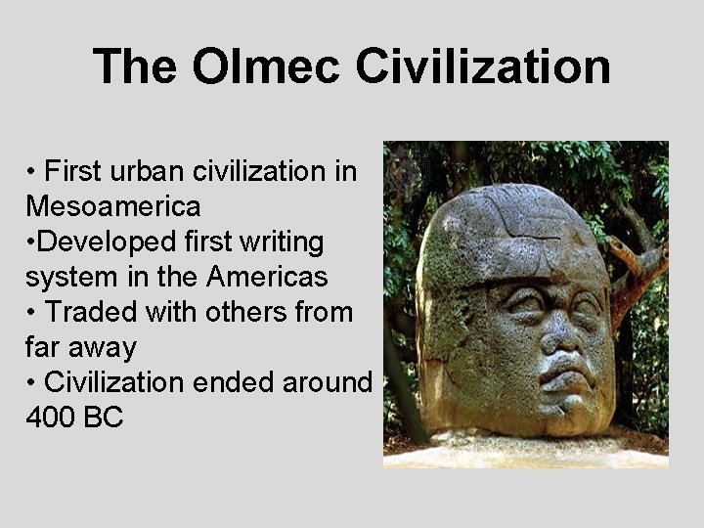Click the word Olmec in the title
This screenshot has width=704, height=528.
[x=266, y=67]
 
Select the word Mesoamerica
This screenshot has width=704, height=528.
[x=113, y=206]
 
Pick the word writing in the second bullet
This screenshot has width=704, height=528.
[x=291, y=242]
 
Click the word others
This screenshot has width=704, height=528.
[x=247, y=312]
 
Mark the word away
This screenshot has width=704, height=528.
[x=102, y=347]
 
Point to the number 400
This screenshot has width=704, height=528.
[x=53, y=418]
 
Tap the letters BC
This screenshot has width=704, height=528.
[x=105, y=418]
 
